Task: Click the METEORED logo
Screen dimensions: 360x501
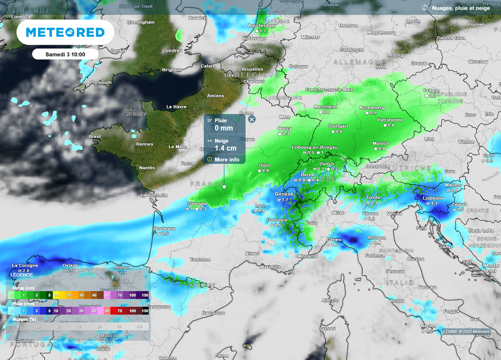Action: click(x=65, y=32)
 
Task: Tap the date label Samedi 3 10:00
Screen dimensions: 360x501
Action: click(x=65, y=54)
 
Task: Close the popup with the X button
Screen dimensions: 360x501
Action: click(x=251, y=119)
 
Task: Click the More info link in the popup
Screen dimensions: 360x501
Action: click(x=227, y=159)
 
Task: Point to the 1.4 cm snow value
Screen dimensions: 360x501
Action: click(x=226, y=148)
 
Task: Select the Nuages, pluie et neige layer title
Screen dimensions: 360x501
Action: click(x=460, y=8)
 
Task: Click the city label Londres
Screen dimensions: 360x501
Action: click(x=172, y=50)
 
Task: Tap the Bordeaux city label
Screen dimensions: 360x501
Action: click(x=164, y=228)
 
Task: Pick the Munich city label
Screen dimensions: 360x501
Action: click(x=381, y=143)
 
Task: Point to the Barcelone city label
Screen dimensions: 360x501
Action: click(x=213, y=313)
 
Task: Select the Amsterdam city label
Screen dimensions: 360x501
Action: click(x=262, y=25)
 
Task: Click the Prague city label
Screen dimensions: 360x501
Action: click(x=432, y=90)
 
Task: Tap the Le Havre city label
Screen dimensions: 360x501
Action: click(x=176, y=107)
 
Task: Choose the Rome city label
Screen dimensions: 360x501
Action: click(x=397, y=301)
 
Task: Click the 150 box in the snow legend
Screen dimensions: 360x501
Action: click(x=145, y=295)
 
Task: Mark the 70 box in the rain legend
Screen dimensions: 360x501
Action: click(x=119, y=311)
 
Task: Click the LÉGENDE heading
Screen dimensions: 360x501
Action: click(x=22, y=275)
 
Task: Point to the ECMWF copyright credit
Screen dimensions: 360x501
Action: click(x=466, y=332)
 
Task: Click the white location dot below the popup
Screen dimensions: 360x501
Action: click(x=224, y=186)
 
